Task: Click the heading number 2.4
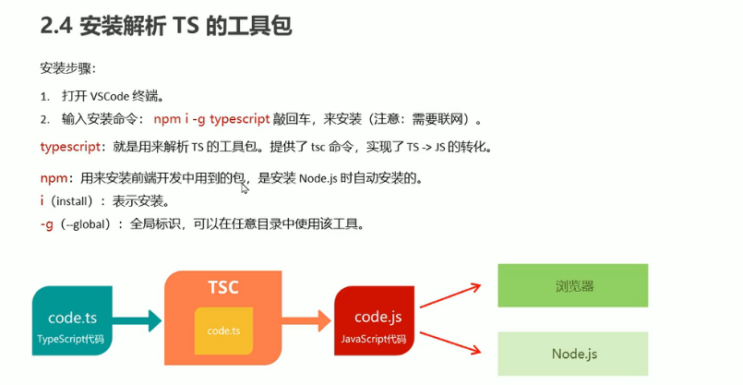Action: [x=56, y=27]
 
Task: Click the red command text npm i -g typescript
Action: [x=211, y=119]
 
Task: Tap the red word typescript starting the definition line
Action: [x=73, y=147]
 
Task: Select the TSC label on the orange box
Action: [x=222, y=286]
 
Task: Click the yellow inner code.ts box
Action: [x=223, y=331]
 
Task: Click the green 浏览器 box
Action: [x=573, y=285]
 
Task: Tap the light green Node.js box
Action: [x=573, y=354]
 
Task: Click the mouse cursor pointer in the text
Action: [x=245, y=188]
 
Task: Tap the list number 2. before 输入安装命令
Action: [x=43, y=120]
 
